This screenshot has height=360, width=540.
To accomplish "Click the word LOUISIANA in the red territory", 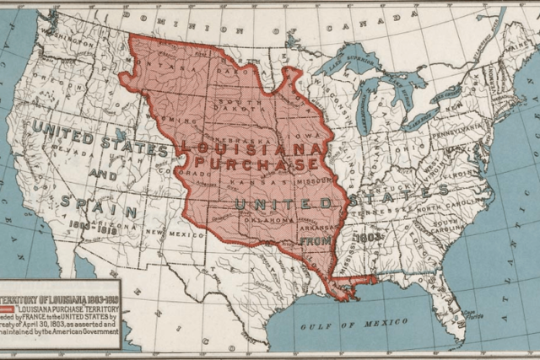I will coord(251,147).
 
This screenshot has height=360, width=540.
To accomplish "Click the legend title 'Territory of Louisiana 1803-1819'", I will coord(60,298).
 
